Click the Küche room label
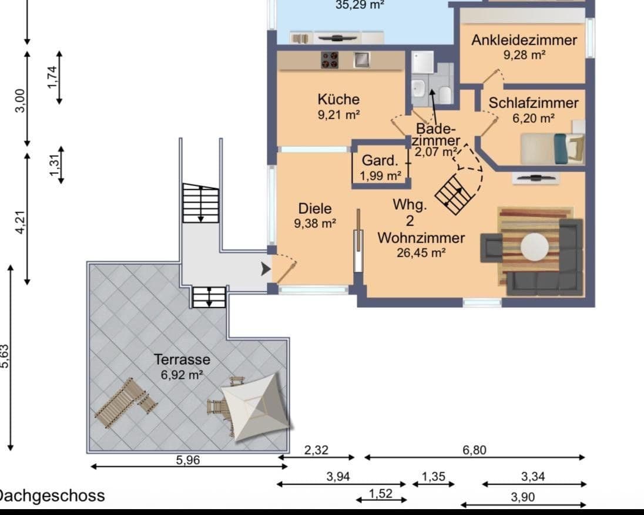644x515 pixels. pyautogui.click(x=338, y=99)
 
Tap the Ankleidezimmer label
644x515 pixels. pyautogui.click(x=524, y=40)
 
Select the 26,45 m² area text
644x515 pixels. pyautogui.click(x=421, y=253)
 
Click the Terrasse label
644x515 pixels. pyautogui.click(x=182, y=359)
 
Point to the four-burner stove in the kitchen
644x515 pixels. pyautogui.click(x=330, y=60)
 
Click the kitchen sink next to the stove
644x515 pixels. pyautogui.click(x=361, y=60)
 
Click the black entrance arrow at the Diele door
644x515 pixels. pyautogui.click(x=266, y=269)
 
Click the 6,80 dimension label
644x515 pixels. pyautogui.click(x=474, y=450)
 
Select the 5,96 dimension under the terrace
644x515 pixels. pyautogui.click(x=188, y=460)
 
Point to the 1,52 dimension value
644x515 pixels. pyautogui.click(x=381, y=494)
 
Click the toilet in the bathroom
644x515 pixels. pyautogui.click(x=445, y=95)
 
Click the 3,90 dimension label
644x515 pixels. pyautogui.click(x=522, y=497)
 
